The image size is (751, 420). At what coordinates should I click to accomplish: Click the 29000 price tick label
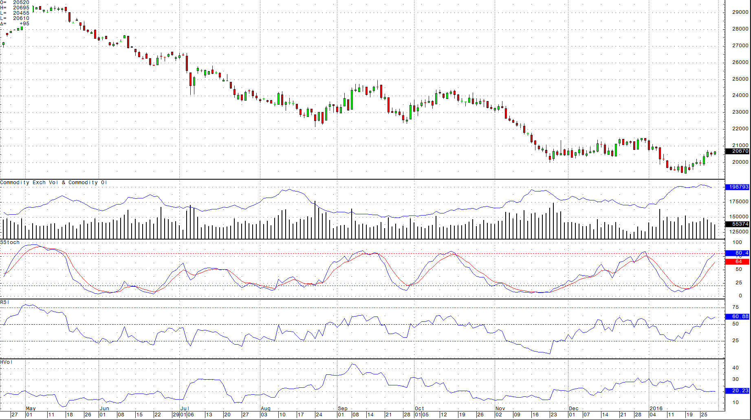tap(740, 12)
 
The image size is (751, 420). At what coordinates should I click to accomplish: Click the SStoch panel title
tap(10, 242)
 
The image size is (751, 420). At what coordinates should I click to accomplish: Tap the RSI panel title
tap(4, 302)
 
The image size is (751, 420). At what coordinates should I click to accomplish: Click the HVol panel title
tap(6, 362)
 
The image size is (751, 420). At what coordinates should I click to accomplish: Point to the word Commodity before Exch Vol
tap(15, 183)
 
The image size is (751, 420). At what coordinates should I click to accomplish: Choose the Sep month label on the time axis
tap(342, 408)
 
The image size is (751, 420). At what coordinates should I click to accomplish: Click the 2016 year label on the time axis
tap(656, 408)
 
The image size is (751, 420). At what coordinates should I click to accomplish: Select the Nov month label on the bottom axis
tap(500, 408)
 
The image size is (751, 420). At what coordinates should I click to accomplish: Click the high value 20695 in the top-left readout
tap(21, 8)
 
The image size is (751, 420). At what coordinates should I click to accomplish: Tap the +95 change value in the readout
tap(24, 24)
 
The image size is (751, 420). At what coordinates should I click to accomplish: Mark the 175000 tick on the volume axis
tap(738, 202)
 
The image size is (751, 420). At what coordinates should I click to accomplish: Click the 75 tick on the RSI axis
tap(736, 307)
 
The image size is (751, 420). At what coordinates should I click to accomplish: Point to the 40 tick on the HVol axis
tap(736, 368)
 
